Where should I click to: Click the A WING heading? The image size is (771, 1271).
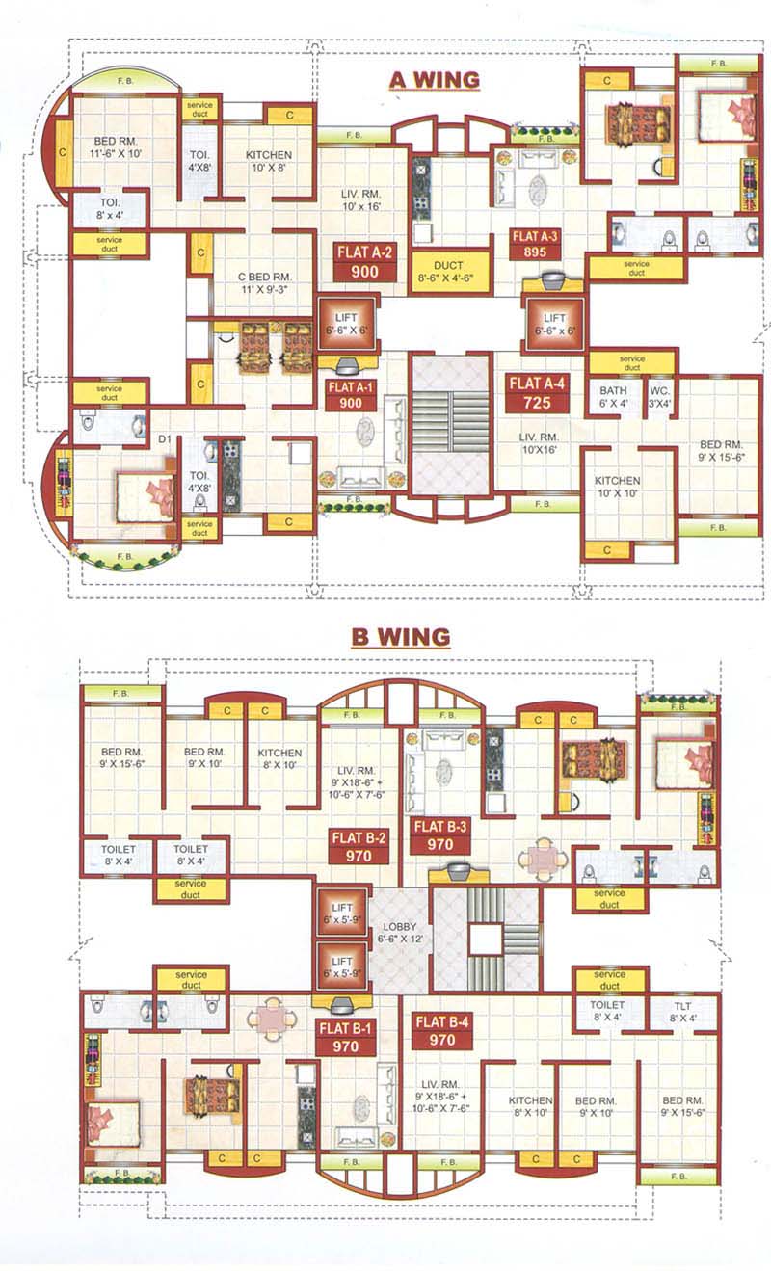434,79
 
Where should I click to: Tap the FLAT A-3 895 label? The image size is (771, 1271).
536,244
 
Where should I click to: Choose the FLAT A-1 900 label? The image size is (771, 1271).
350,396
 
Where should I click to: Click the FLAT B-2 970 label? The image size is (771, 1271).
358,845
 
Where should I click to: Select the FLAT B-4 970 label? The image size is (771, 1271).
442,1031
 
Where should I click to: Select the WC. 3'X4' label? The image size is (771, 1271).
659,397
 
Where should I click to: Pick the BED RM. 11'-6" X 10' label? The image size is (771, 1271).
115,147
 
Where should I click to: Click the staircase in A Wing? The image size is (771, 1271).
450,424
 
